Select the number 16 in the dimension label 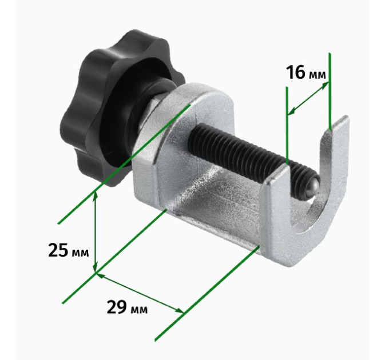pyautogui.click(x=296, y=73)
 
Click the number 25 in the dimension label pyautogui.click(x=58, y=250)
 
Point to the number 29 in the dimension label pyautogui.click(x=116, y=307)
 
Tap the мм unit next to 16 pyautogui.click(x=317, y=75)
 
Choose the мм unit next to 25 pyautogui.click(x=80, y=253)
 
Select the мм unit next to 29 pyautogui.click(x=138, y=310)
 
